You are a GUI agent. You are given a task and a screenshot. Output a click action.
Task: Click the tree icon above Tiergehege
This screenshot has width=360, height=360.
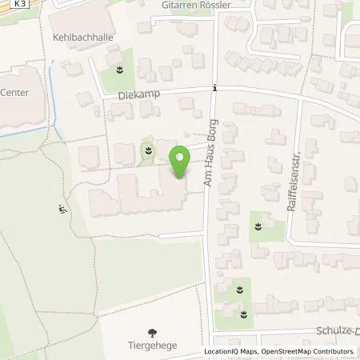[x=152, y=332]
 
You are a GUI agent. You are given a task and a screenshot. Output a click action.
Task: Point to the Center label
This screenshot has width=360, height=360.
[x=14, y=92]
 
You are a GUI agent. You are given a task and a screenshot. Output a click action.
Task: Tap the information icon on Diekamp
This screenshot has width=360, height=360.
[x=214, y=88]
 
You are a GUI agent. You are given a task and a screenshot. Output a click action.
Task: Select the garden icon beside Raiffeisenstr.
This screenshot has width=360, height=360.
[x=258, y=227]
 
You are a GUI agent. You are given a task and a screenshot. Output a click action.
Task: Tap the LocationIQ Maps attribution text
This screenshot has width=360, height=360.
[x=230, y=351]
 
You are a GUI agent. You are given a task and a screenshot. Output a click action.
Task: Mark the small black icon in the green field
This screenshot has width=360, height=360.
[x=62, y=210]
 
